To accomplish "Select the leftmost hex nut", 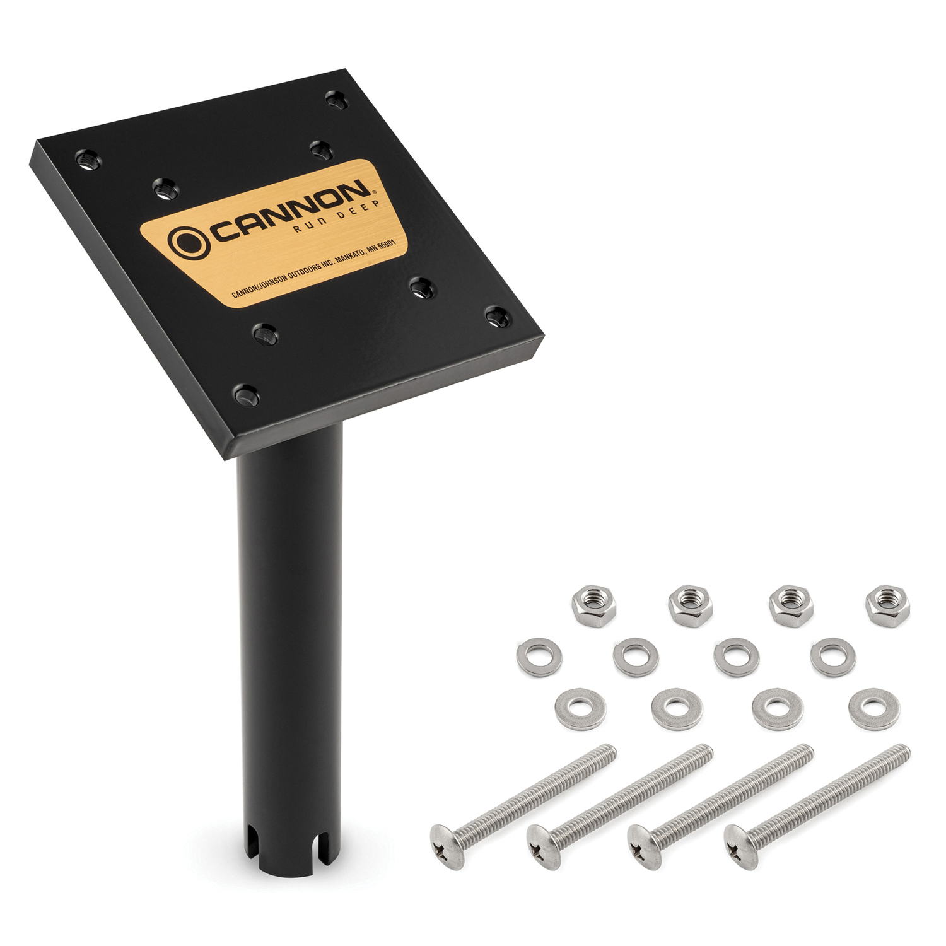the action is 594,604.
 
